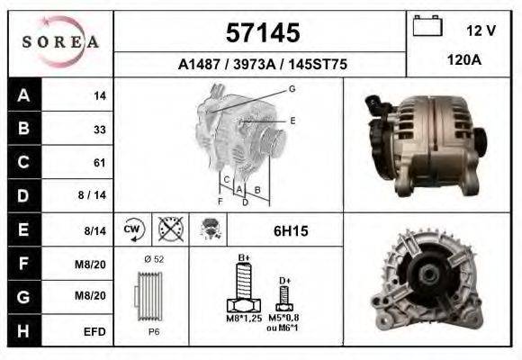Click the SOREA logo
point(60,42)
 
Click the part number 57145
point(261,33)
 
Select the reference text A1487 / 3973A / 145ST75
point(261,65)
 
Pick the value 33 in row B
point(100,130)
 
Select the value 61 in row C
point(100,163)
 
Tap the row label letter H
point(23,330)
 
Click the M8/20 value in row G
point(94,296)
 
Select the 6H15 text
point(291,231)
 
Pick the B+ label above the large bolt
point(243,258)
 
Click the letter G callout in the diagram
point(292,88)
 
